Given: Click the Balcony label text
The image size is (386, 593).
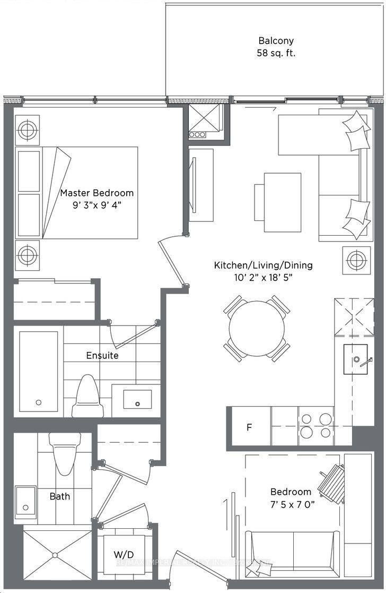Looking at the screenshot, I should (276, 40).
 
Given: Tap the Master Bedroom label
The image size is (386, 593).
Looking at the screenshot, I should (96, 193).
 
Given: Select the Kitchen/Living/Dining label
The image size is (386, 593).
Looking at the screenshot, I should (263, 265).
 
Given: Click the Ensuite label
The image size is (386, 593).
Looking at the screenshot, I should (102, 355).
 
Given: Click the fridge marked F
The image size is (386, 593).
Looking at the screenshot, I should (249, 427).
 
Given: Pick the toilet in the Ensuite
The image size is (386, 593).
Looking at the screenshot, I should (86, 396).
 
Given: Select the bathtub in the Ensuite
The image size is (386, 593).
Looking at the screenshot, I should (38, 371).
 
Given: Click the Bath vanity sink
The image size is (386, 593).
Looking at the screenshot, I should (25, 501).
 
